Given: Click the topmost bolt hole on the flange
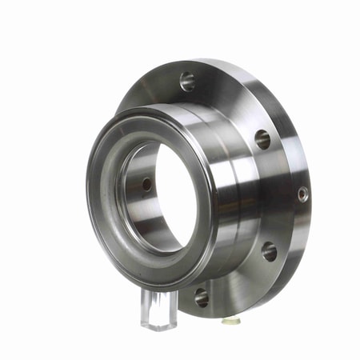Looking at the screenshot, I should (x=187, y=81).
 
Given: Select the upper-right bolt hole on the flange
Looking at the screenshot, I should (x=262, y=138).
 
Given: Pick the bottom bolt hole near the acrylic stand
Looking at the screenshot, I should (x=201, y=298).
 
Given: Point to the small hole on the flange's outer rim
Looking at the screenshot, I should (x=302, y=194).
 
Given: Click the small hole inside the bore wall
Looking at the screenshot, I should (x=146, y=184).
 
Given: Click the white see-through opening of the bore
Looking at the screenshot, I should (x=172, y=200).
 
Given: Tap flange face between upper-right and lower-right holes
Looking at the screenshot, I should (x=276, y=196).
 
